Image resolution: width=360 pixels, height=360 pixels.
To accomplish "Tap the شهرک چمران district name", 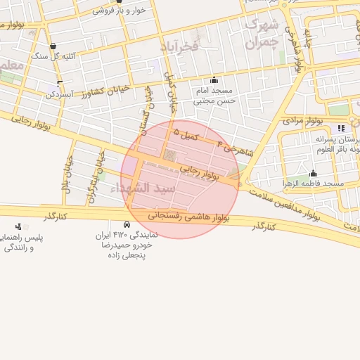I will (x=262, y=33).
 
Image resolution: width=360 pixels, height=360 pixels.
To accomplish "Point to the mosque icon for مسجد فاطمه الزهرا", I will (x=313, y=173).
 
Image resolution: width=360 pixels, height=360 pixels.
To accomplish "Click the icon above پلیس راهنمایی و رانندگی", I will (x=18, y=226).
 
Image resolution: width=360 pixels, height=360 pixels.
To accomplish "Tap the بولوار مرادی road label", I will (x=302, y=121).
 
